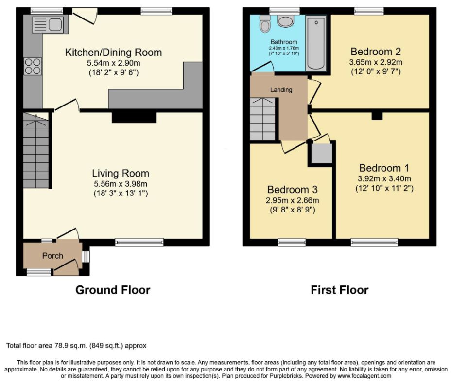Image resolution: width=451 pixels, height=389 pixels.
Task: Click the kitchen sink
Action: [x=48, y=24]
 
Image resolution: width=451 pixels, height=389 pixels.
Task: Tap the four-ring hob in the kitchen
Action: [x=33, y=67]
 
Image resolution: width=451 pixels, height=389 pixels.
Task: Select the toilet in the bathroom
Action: [x=265, y=23]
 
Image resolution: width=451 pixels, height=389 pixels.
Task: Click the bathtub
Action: [x=316, y=43]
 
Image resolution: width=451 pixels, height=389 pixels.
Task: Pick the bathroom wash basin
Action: [x=285, y=21]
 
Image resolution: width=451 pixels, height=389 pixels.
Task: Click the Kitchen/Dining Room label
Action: [x=114, y=53]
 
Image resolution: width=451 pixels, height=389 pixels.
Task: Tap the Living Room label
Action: [x=121, y=173]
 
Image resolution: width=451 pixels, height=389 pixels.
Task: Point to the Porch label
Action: [x=52, y=255]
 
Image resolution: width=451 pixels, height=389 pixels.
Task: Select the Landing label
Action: [x=281, y=90]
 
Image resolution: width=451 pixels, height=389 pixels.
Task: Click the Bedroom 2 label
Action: [x=376, y=52]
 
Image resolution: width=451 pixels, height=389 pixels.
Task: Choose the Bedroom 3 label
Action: [x=293, y=189]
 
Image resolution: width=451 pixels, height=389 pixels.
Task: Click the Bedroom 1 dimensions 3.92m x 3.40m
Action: [x=384, y=178]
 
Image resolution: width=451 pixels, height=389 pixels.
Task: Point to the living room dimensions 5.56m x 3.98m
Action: [x=121, y=184]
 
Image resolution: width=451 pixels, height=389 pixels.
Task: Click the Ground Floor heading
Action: [x=113, y=290]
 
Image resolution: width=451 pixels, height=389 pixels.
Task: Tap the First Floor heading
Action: [x=339, y=290]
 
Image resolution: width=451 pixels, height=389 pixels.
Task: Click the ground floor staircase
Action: [x=36, y=150]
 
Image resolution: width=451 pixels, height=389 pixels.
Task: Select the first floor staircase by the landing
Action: [x=263, y=119]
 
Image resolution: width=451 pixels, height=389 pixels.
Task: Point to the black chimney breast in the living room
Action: [x=134, y=117]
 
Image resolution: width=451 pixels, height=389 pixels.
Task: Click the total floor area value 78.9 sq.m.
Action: [x=71, y=346]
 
